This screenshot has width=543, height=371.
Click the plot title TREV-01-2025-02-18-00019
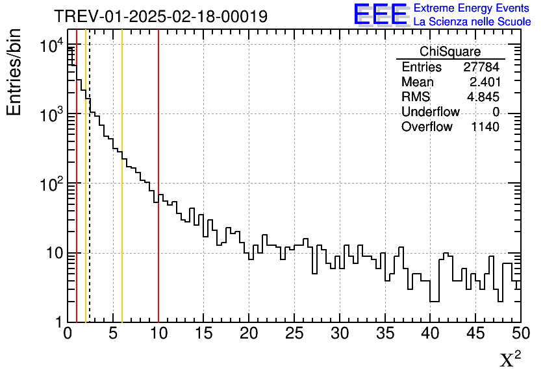[x=160, y=17]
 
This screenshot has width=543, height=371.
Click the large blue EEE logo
[x=381, y=14]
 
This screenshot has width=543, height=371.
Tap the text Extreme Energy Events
[x=472, y=8]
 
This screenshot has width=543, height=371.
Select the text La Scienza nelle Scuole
[x=472, y=21]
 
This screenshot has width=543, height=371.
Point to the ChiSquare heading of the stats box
[x=450, y=52]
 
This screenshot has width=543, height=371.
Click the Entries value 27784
[x=481, y=67]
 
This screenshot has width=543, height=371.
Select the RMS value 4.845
[x=484, y=97]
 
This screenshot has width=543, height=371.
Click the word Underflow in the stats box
[x=430, y=112]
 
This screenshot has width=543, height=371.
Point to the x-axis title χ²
[x=510, y=359]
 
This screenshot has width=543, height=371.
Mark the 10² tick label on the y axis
[x=49, y=184]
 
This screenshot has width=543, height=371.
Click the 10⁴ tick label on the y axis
[x=49, y=45]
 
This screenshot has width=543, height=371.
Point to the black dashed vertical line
[x=89, y=195]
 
